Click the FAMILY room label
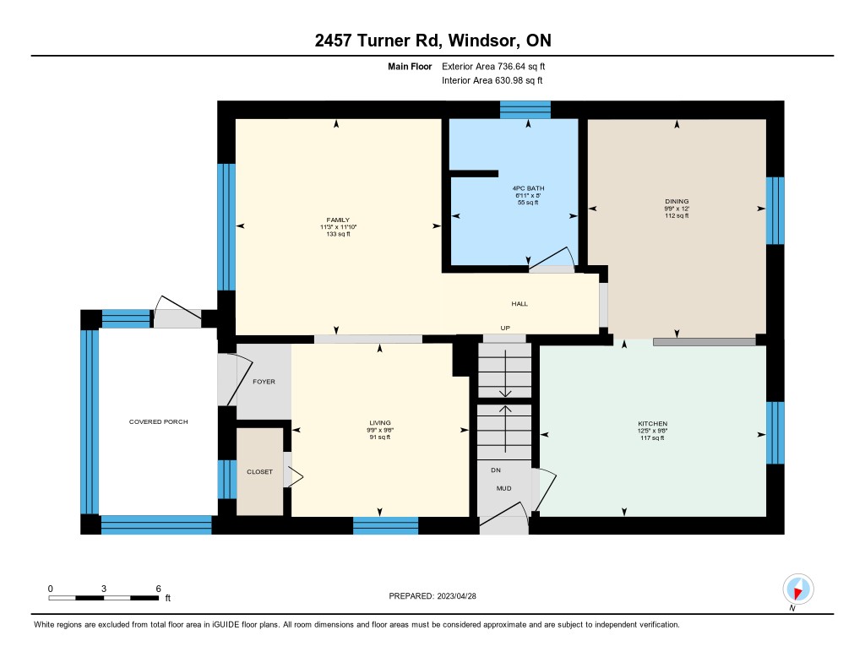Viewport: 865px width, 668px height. pyautogui.click(x=338, y=220)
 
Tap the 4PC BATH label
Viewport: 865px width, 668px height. pyautogui.click(x=528, y=188)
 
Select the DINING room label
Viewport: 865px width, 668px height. pyautogui.click(x=677, y=201)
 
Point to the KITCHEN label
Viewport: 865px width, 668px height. pyautogui.click(x=653, y=424)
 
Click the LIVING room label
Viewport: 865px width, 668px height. pyautogui.click(x=380, y=423)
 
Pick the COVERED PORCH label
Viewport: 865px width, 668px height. pyautogui.click(x=158, y=421)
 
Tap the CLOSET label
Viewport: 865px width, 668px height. pyautogui.click(x=260, y=471)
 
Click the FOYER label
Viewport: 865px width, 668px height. pyautogui.click(x=264, y=382)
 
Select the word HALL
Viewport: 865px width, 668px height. pyautogui.click(x=520, y=303)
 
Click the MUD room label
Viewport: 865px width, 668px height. pyautogui.click(x=503, y=488)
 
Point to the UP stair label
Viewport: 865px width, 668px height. pyautogui.click(x=505, y=328)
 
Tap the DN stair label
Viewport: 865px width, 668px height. pyautogui.click(x=496, y=470)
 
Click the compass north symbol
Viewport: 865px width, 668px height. pyautogui.click(x=797, y=589)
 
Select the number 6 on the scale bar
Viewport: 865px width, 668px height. pyautogui.click(x=158, y=589)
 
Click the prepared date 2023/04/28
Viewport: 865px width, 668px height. pyautogui.click(x=457, y=595)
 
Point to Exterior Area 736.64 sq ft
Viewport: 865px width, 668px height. pyautogui.click(x=493, y=66)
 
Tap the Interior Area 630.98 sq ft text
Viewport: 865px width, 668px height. pyautogui.click(x=492, y=80)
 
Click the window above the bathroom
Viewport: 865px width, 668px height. pyautogui.click(x=525, y=110)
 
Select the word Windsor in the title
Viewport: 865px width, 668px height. pyautogui.click(x=482, y=41)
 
